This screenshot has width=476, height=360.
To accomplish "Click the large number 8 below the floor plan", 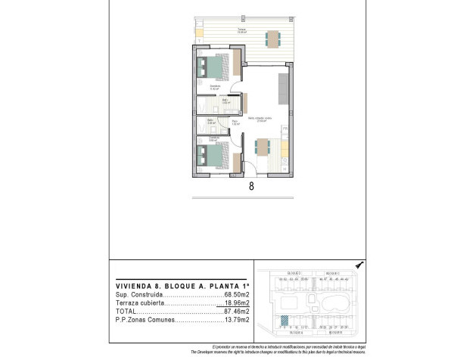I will pyautogui.click(x=250, y=184).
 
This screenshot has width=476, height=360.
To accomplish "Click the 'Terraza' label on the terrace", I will pyautogui.click(x=241, y=29).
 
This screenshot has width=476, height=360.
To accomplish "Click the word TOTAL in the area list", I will pyautogui.click(x=126, y=311).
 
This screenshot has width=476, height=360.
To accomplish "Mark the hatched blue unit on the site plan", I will pyautogui.click(x=283, y=321).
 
